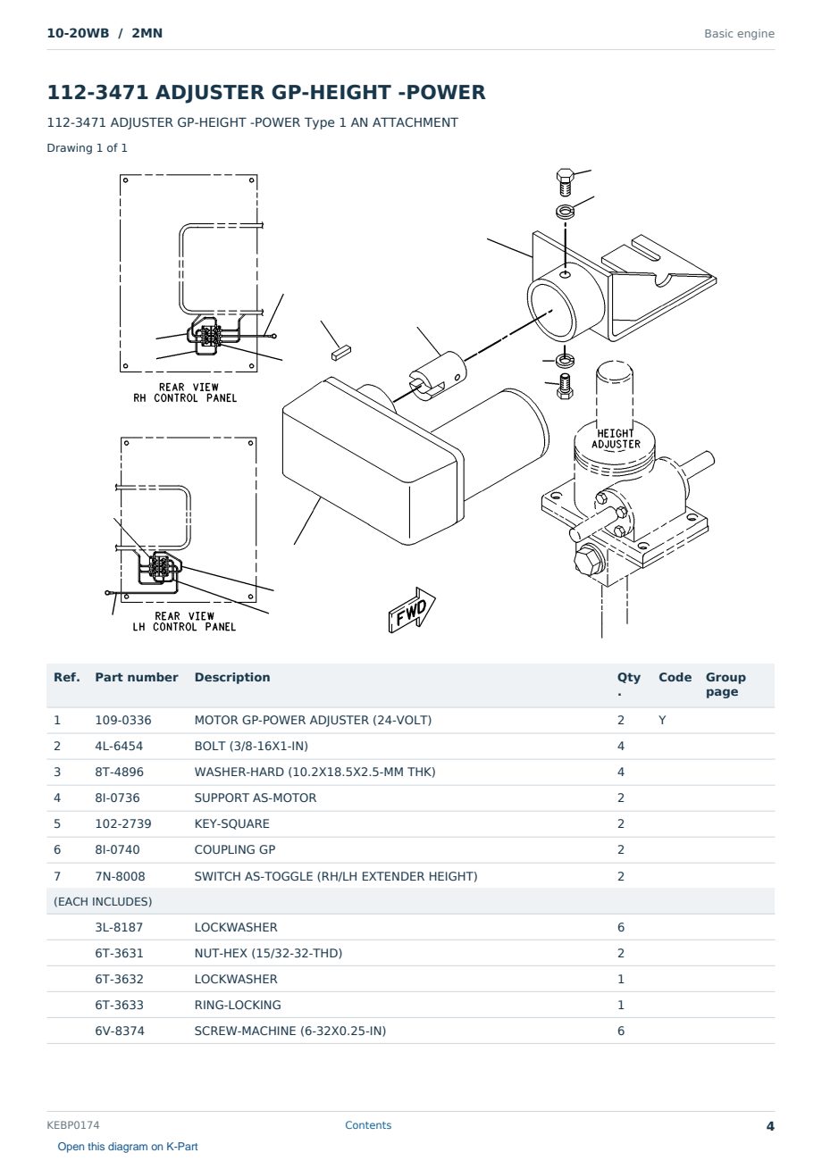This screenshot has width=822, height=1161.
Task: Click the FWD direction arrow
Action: [x=412, y=610]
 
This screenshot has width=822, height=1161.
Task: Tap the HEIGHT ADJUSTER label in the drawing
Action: [x=616, y=439]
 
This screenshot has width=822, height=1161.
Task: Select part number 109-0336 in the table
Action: [x=123, y=720]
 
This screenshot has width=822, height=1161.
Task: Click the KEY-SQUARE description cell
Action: [x=231, y=823]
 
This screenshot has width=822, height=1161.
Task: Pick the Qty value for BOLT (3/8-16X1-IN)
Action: [x=621, y=746]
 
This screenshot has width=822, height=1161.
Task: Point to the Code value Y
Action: [x=662, y=720]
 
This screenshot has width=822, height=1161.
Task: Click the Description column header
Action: [x=232, y=677]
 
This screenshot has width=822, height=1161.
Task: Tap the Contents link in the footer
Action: [x=368, y=1124]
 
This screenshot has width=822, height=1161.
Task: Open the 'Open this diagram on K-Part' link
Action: [x=128, y=1146]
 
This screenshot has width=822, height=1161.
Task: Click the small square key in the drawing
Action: [x=341, y=353]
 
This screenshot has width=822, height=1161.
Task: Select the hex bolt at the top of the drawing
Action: [x=565, y=182]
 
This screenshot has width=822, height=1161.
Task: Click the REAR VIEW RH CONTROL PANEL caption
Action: [x=185, y=392]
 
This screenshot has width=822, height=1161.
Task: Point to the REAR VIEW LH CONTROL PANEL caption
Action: [x=184, y=621]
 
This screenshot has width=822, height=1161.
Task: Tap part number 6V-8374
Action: [x=120, y=1031]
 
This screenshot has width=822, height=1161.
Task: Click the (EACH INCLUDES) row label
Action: [x=103, y=901]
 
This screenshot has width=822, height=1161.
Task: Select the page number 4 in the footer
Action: [x=770, y=1126]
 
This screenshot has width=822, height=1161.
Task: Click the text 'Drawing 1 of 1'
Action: [x=88, y=147]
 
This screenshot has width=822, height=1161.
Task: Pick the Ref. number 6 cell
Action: [x=57, y=849]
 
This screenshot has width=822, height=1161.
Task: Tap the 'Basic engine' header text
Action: [x=739, y=34]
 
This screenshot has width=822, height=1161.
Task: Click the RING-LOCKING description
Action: [x=238, y=1005]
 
